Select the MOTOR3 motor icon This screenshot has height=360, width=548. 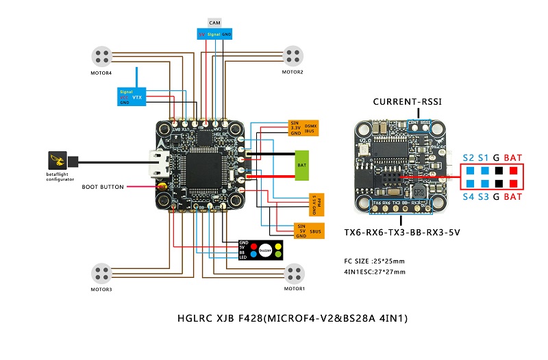102,273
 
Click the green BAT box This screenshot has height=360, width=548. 301,166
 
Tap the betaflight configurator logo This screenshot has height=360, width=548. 58,162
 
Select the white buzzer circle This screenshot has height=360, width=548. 266,250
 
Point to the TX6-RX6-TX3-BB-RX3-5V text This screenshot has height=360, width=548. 402,233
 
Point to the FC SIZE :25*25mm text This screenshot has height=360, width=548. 375,261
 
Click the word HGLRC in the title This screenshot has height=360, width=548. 195,318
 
